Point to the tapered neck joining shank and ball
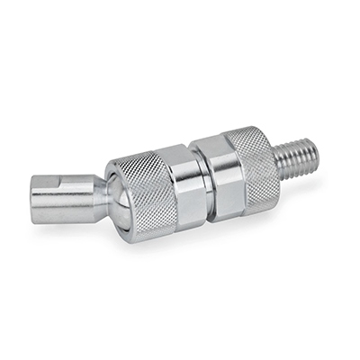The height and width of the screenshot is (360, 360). tap(101, 190)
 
